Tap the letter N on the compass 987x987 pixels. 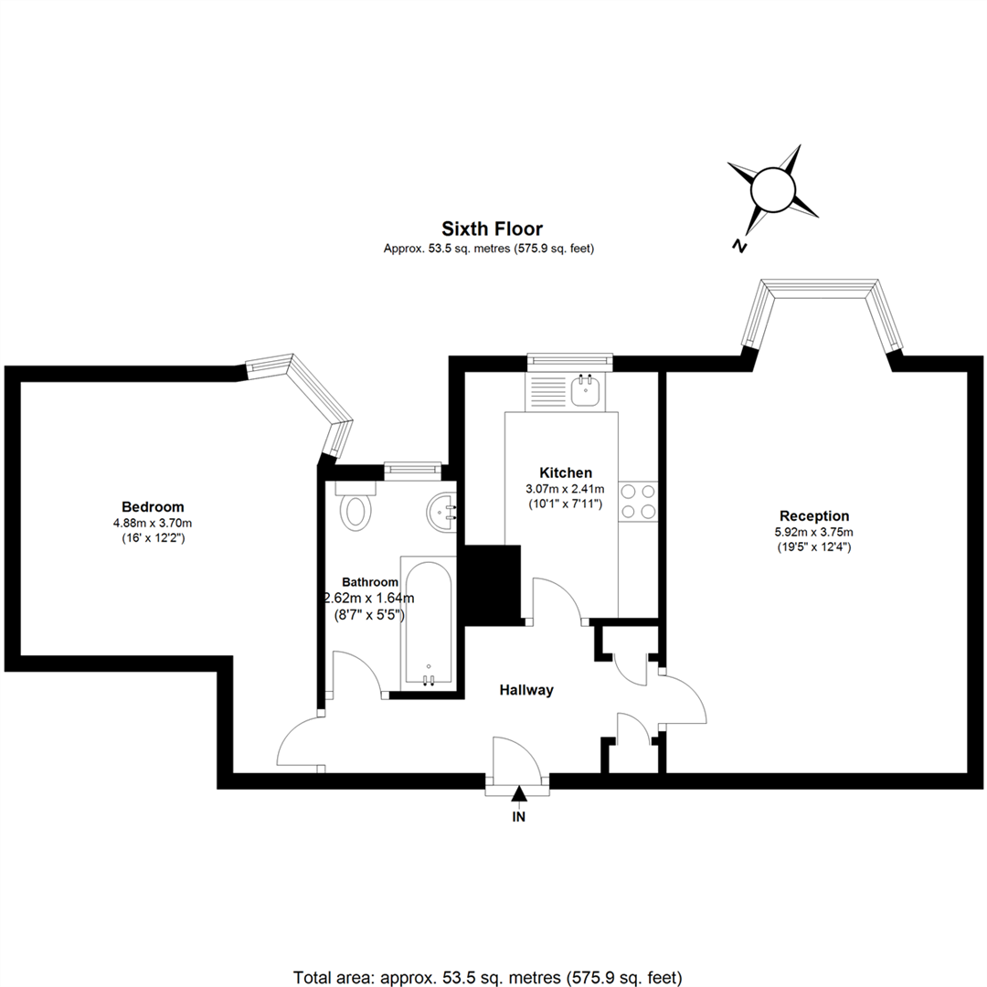[739, 245]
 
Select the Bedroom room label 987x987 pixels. [153, 506]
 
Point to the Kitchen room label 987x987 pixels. [566, 472]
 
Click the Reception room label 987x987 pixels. [814, 516]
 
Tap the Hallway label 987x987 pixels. [526, 690]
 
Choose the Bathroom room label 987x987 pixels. [370, 582]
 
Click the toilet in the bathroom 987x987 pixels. [356, 504]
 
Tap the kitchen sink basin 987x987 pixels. [586, 391]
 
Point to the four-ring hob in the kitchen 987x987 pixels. [638, 501]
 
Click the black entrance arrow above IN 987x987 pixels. [519, 793]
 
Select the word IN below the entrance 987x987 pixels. [519, 817]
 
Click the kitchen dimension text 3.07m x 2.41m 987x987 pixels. [566, 488]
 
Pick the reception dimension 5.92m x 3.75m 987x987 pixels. [814, 532]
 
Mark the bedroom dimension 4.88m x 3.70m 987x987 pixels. [153, 523]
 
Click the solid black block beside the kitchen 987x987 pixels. [493, 585]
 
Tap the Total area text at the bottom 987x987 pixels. [488, 978]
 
